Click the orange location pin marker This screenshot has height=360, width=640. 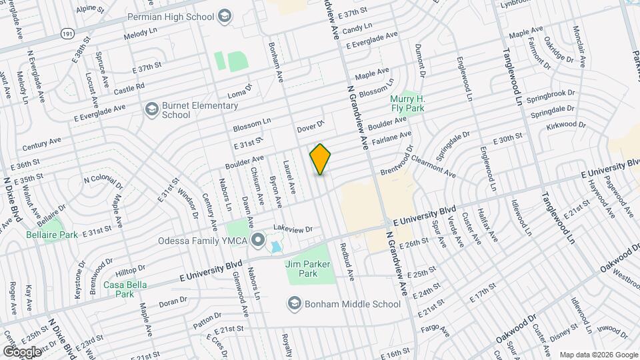(x=321, y=159)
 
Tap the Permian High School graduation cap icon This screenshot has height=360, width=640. (x=225, y=15)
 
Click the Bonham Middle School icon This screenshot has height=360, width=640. (x=294, y=305)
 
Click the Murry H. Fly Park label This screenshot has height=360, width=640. (x=407, y=104)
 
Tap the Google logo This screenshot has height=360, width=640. (x=22, y=351)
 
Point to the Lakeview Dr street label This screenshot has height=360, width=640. (x=293, y=229)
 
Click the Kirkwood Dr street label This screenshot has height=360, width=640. (x=565, y=125)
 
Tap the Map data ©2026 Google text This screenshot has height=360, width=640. (x=597, y=354)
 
